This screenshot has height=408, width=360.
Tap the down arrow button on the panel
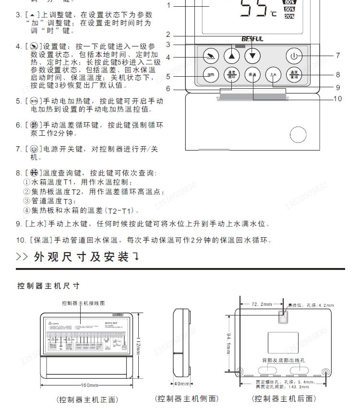(252, 56)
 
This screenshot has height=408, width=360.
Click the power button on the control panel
(294, 56)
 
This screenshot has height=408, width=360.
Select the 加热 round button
(210, 75)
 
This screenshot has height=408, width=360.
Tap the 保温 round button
(252, 75)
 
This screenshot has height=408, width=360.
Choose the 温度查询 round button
(294, 75)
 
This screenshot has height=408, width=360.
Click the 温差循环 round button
(231, 75)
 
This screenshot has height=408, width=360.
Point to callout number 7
(337, 56)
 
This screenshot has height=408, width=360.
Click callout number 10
(337, 99)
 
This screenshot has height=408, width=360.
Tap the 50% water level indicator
(289, 9)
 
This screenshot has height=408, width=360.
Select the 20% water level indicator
(289, 16)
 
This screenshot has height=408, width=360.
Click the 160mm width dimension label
(89, 385)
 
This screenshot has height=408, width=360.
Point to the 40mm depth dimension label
(181, 384)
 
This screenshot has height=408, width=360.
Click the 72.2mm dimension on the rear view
(262, 304)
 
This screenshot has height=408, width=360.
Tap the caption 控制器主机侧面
(186, 398)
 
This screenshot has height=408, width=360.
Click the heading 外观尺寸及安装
(82, 257)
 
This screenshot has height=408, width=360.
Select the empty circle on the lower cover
(298, 135)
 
